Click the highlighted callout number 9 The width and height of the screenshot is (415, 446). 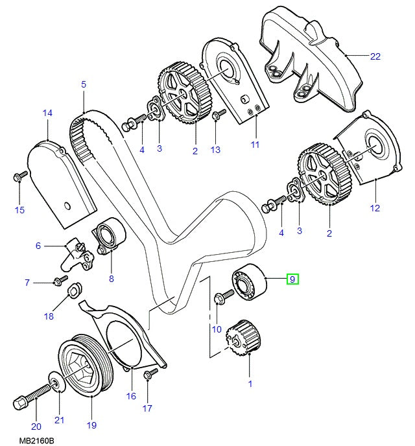292,279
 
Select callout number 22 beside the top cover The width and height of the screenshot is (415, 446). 375,56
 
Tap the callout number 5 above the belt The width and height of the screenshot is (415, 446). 83,84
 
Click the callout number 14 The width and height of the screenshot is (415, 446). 47,113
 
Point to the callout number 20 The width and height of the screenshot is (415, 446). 36,426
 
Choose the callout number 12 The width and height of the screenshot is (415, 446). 375,209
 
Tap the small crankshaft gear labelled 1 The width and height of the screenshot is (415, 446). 241,336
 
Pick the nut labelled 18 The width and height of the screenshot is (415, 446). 73,288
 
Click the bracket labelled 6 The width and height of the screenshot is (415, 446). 71,254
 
